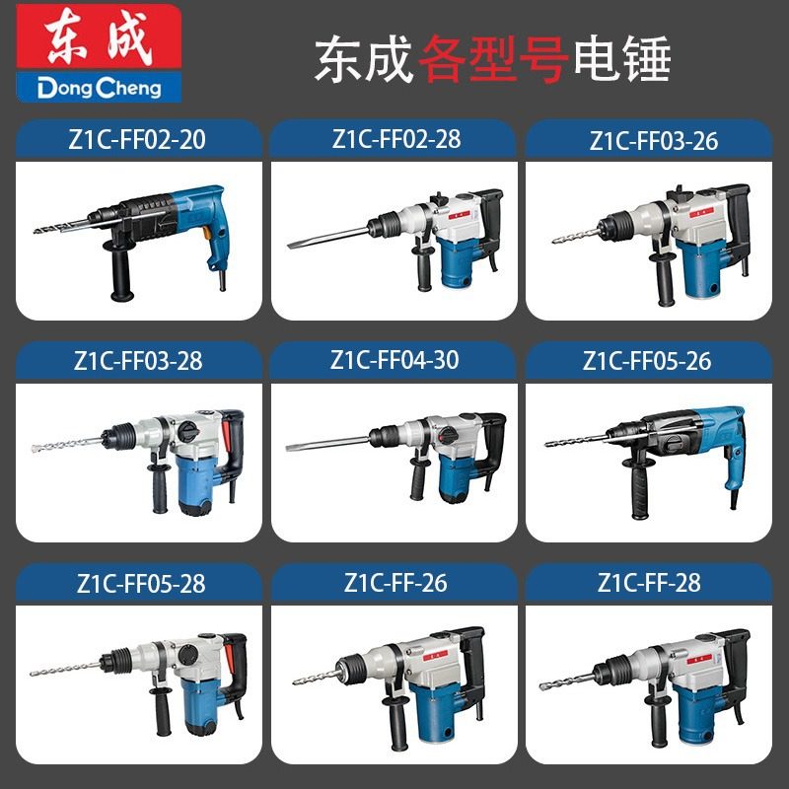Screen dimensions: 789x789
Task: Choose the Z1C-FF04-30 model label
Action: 395,360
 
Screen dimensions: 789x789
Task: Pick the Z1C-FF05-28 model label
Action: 140,583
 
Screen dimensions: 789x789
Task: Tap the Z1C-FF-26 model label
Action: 395,583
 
